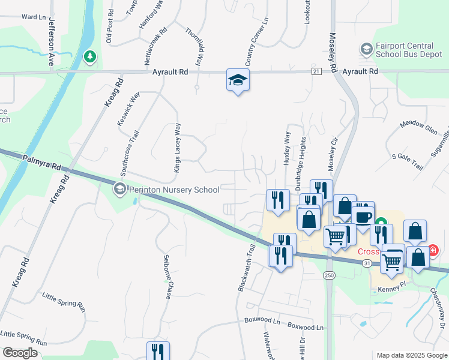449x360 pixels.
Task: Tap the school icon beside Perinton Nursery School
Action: click(x=119, y=190)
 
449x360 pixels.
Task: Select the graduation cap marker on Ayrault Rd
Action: click(x=238, y=80)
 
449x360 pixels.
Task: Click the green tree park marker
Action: click(x=90, y=56)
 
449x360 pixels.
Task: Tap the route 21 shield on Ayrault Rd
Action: click(x=316, y=71)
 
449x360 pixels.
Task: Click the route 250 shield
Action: click(x=328, y=275)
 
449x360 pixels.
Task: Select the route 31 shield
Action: click(x=367, y=263)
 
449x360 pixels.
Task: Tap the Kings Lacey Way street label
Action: click(x=177, y=148)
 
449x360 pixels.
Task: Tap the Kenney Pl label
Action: click(x=393, y=289)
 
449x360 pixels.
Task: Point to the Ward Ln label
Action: click(x=34, y=17)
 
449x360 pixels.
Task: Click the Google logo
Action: click(x=20, y=352)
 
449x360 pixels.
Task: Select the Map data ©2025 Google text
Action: click(x=411, y=355)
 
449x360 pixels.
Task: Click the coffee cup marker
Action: click(x=363, y=217)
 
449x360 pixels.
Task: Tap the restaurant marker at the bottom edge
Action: click(x=158, y=351)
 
